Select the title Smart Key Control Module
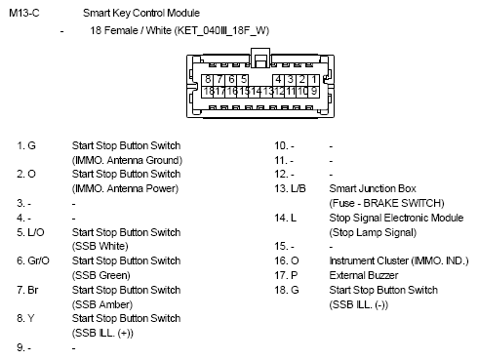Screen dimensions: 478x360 [x=141, y=15]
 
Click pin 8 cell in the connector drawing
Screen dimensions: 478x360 [x=209, y=78]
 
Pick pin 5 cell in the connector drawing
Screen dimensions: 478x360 [x=244, y=78]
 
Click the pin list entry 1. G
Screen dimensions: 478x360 [x=26, y=145]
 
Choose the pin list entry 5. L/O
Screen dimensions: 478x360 [x=29, y=232]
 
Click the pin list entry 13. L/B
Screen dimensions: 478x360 [x=290, y=188]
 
